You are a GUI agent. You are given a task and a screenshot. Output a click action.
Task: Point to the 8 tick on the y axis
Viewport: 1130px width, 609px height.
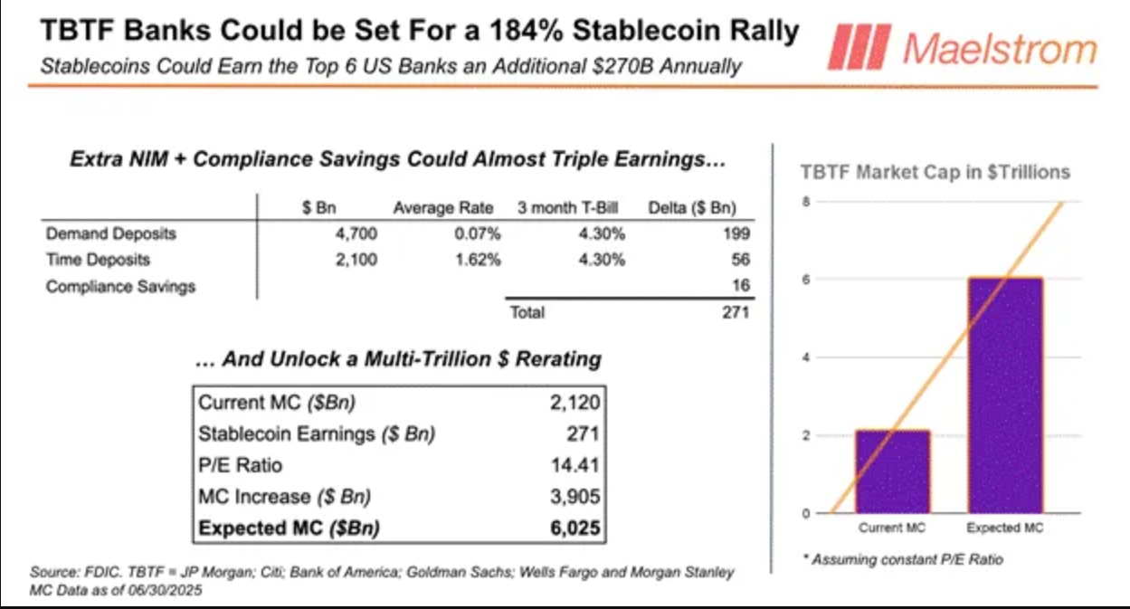click(804, 202)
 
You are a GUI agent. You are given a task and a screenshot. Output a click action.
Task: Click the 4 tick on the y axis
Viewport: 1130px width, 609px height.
click(804, 357)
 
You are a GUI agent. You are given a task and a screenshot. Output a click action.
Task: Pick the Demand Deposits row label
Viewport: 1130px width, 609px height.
click(111, 233)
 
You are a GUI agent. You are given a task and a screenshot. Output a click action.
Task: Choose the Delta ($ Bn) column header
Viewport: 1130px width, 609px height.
click(693, 208)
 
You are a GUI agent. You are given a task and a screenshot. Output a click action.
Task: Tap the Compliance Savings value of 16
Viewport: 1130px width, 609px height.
click(741, 286)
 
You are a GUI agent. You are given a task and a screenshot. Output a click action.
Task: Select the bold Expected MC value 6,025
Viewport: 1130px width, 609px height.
click(574, 528)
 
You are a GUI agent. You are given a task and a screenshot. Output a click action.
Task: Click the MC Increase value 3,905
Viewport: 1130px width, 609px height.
click(574, 496)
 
